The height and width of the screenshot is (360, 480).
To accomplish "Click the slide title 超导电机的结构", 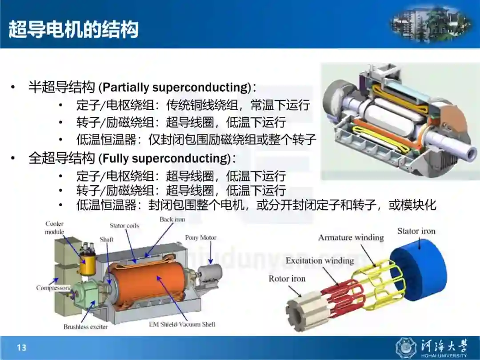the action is click(x=73, y=30).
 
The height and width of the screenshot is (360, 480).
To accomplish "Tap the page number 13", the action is click(x=22, y=348).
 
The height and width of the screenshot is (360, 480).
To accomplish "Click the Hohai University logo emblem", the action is click(x=406, y=348).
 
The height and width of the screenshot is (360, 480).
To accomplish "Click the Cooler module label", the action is click(x=55, y=228).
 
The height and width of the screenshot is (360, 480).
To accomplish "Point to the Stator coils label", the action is click(x=124, y=226).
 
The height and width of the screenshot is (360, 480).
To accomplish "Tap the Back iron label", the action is click(x=172, y=219).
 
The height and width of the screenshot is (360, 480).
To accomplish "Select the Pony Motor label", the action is click(x=200, y=237).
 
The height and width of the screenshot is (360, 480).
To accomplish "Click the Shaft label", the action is click(x=107, y=239).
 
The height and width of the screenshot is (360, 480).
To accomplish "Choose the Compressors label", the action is click(x=53, y=288).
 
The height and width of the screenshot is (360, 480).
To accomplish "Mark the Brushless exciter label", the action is click(x=85, y=327).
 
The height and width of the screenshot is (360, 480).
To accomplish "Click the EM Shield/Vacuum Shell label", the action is click(x=182, y=324).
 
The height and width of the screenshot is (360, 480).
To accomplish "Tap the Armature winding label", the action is click(x=351, y=237).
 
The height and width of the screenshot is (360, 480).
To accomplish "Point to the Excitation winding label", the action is click(x=320, y=260).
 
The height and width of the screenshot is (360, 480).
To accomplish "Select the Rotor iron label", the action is click(x=287, y=279).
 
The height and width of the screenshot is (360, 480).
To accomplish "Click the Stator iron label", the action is click(x=416, y=231).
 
